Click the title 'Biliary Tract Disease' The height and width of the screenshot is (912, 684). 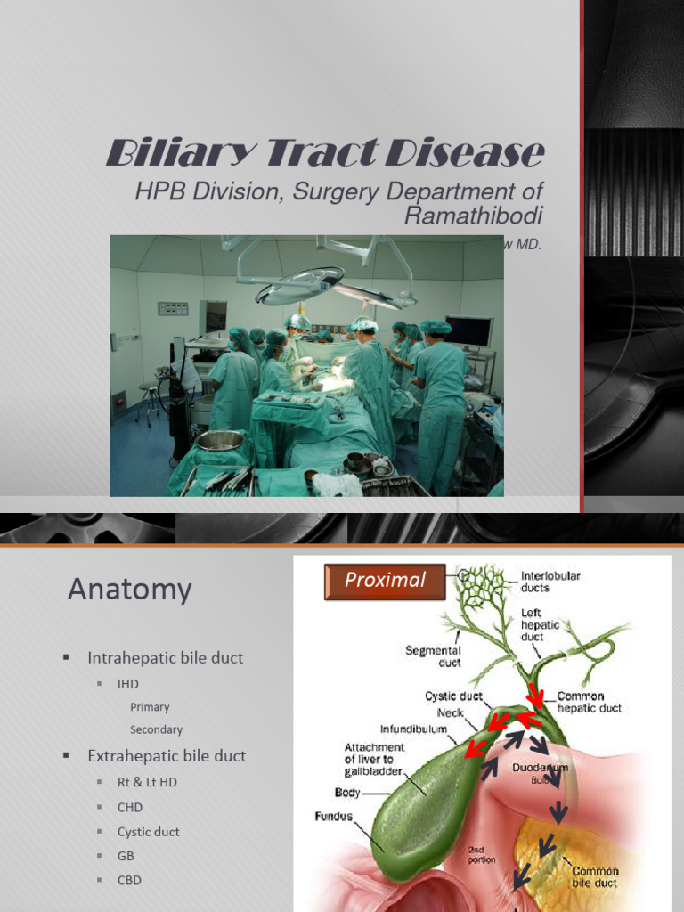325,154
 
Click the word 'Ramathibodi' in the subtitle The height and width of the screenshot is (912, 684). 473,215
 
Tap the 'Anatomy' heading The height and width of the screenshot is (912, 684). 129,590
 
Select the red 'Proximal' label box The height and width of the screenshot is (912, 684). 385,580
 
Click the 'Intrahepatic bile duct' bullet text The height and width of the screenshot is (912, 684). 165,658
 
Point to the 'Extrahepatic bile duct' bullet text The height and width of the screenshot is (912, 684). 167,756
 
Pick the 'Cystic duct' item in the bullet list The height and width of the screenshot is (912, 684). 148,832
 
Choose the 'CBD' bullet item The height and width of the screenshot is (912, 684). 129,880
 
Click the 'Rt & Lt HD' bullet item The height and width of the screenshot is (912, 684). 147,783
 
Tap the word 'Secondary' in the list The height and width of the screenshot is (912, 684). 156,729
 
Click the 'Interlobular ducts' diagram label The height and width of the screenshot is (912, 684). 550,582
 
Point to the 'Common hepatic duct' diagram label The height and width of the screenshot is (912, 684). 589,702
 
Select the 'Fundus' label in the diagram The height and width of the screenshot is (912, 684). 333,816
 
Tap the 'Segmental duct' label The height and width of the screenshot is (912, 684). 433,656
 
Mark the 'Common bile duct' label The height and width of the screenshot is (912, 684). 594,876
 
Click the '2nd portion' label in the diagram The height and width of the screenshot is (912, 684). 482,855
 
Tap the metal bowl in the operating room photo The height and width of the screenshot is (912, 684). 219,439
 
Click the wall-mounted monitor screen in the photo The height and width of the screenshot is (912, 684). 468,331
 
